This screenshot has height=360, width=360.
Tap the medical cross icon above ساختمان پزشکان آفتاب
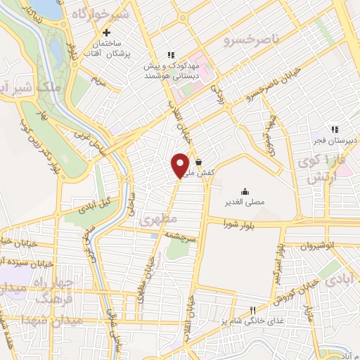coord(106,32)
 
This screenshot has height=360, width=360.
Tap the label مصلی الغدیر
coord(245,202)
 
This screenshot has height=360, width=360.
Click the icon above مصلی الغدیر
coord(245,191)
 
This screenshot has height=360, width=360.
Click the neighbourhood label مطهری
coord(154,220)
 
